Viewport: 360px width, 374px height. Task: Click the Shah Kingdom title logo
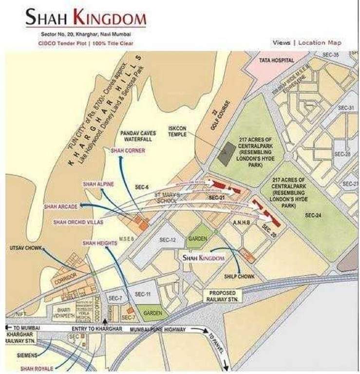coord(86,18)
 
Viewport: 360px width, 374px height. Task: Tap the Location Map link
coord(320,43)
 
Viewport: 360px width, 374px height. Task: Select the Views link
coord(282,43)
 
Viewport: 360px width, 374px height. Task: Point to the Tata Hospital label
coord(276,61)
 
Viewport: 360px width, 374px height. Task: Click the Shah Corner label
coord(128,150)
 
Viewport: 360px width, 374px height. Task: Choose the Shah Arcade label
coord(61,206)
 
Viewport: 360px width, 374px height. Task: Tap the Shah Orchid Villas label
coord(77,222)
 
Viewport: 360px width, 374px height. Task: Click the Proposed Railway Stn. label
coord(223,296)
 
